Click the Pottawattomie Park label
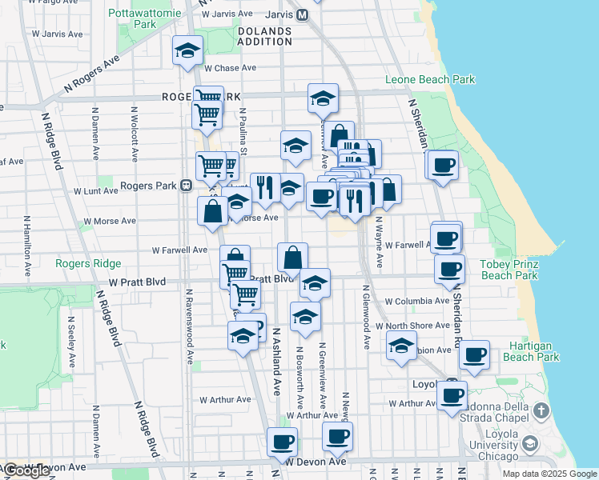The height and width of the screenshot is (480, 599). tap(134, 18)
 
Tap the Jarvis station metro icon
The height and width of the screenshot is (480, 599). tap(302, 14)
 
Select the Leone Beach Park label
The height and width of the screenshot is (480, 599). tap(430, 79)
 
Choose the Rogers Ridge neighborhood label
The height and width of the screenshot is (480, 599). tap(88, 263)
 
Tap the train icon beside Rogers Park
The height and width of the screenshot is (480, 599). tap(186, 186)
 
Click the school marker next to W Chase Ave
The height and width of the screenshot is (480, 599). tap(187, 52)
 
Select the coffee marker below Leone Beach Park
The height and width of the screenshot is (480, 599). tap(443, 166)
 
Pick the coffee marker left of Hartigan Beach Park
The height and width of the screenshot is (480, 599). tap(475, 354)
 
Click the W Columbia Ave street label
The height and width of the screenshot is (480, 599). tap(416, 302)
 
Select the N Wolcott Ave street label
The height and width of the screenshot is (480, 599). tap(134, 132)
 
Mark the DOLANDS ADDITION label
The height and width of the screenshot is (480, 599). tap(265, 37)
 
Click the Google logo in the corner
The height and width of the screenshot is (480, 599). tap(26, 470)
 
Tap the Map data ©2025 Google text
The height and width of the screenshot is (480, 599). tap(550, 474)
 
